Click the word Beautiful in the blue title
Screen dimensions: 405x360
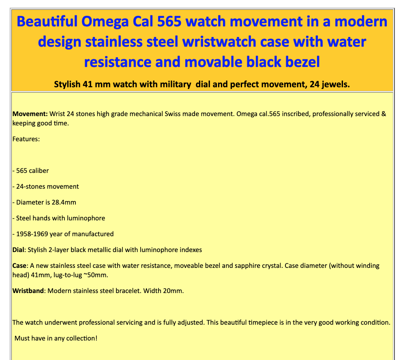click(x=47, y=21)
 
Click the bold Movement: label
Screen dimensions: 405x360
click(x=30, y=114)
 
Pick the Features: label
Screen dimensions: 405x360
click(x=26, y=139)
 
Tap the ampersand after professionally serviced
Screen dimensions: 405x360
click(x=384, y=114)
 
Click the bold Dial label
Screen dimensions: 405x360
click(x=18, y=250)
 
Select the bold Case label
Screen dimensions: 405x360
click(x=19, y=265)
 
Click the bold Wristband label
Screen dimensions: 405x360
click(x=28, y=291)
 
